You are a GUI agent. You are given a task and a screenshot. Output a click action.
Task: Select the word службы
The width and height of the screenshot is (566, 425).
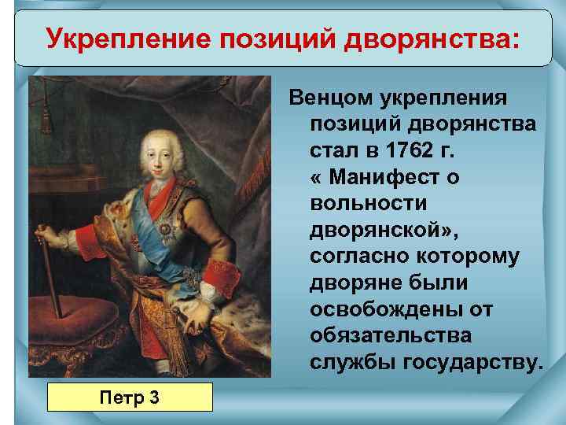pyautogui.click(x=353, y=362)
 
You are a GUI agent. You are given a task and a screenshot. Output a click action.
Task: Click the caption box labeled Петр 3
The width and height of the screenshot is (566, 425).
pyautogui.click(x=130, y=397)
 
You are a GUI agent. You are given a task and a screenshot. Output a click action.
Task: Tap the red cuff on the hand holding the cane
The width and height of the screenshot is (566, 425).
pyautogui.click(x=85, y=236)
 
